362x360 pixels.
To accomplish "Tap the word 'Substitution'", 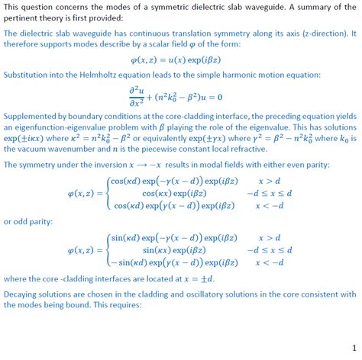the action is [x=27, y=77].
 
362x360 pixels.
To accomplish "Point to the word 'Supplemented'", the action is [x=30, y=114].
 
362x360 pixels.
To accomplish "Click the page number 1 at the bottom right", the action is [x=353, y=346].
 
